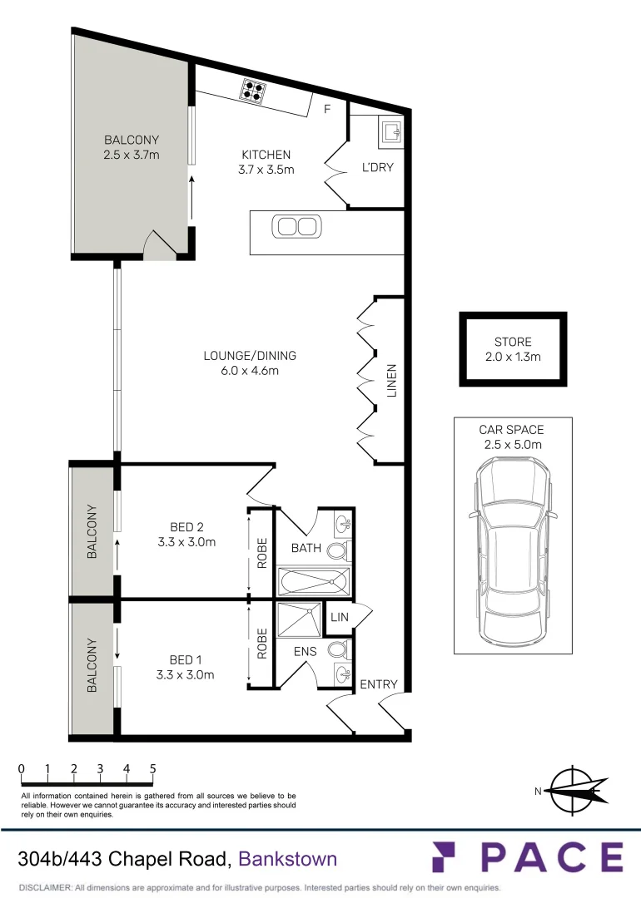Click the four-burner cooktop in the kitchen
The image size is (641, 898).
pos(253,90)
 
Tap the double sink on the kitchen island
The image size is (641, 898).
pos(297,225)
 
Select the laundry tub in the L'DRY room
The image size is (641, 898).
pos(391,131)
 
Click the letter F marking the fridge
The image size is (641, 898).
pos(327,109)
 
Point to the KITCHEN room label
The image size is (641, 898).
pos(266,155)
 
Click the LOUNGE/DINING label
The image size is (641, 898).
pos(250,356)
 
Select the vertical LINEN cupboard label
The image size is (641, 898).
pos(392,380)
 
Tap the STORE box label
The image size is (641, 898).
pos(512,342)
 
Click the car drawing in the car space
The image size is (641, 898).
pos(512,549)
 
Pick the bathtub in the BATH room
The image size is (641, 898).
pos(312,580)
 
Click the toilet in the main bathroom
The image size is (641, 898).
pos(338,551)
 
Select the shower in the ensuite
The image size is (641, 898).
pos(298,619)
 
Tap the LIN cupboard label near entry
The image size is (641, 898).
pos(339,617)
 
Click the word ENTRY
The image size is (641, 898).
pos(379,684)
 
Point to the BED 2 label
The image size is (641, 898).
pos(186,526)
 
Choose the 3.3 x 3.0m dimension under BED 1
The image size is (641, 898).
pos(186,675)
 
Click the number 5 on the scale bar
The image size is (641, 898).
pos(153,769)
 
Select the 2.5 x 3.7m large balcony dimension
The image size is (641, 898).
pos(131,155)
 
